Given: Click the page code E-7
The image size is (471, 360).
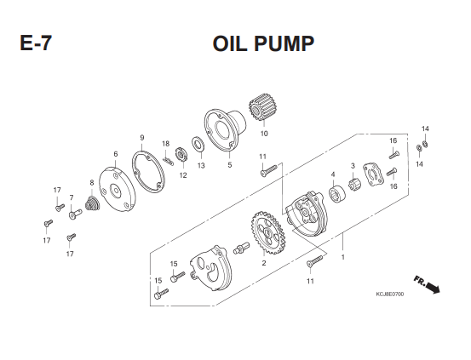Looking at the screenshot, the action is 36,43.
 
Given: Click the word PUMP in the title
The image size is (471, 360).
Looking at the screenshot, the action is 284,44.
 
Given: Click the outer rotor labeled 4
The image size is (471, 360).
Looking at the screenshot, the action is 337,194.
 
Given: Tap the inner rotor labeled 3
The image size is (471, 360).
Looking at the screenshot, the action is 355,184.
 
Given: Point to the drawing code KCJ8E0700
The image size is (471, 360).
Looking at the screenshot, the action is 389,294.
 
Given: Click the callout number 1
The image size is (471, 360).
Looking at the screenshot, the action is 342,257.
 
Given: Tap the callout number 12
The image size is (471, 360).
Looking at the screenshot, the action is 183,175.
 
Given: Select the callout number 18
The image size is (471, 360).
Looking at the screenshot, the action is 166,144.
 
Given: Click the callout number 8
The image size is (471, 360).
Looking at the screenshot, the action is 92,182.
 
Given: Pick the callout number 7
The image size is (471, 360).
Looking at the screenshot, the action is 72,197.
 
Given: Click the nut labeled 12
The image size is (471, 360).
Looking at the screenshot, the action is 181,155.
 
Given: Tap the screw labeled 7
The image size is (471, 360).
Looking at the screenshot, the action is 75,214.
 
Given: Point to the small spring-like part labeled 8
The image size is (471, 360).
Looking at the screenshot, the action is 91,204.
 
